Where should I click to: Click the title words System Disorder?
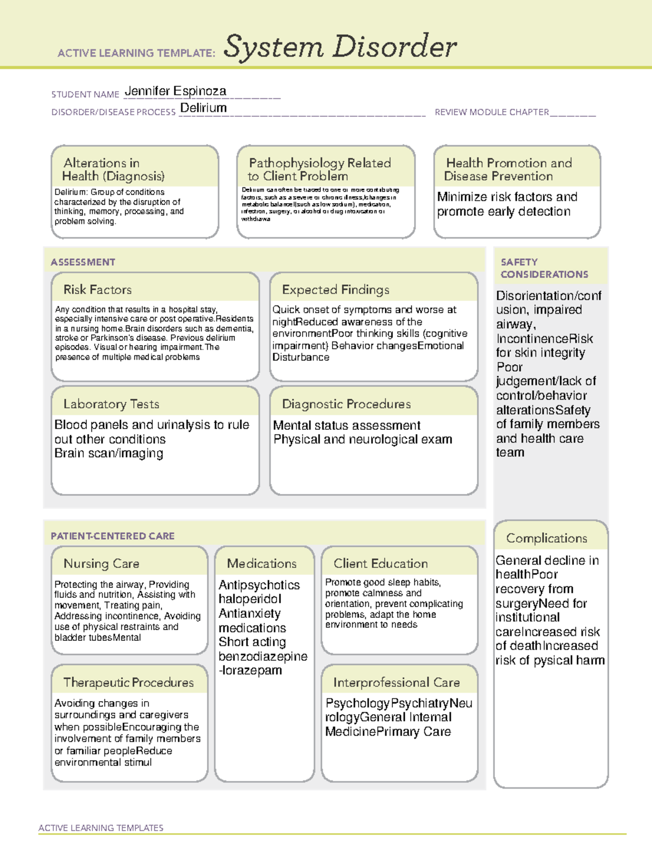point(340,47)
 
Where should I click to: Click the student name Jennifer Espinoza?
point(175,91)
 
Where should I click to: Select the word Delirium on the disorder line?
point(203,108)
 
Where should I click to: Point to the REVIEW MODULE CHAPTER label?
point(492,112)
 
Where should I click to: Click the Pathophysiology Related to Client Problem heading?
point(319,170)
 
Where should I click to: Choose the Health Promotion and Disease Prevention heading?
point(509,170)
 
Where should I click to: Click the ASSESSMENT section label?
point(83,262)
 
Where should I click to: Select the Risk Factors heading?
point(98,290)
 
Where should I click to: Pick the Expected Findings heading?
point(336,290)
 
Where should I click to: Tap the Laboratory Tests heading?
point(111,404)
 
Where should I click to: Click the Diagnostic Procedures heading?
point(346,404)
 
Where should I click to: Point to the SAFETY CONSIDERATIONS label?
point(544,268)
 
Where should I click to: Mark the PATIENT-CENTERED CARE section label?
point(113,536)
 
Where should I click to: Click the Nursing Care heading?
point(102,564)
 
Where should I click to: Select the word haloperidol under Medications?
point(250,599)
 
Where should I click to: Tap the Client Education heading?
point(380,564)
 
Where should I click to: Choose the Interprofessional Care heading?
point(397,683)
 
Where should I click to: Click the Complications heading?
point(547,539)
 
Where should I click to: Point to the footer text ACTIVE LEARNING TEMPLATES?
point(101,828)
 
